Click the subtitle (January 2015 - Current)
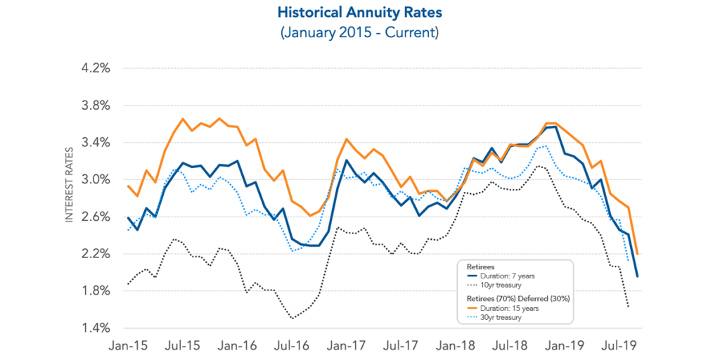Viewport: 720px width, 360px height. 359,33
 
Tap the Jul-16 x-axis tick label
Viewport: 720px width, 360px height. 292,347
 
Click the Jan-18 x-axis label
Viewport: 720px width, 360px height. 457,347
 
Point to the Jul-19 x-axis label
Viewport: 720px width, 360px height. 622,347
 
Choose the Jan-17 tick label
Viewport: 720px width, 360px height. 347,347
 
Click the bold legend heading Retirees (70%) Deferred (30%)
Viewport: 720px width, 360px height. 517,298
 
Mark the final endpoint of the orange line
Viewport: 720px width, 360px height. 637,254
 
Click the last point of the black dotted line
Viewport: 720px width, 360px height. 628,307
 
